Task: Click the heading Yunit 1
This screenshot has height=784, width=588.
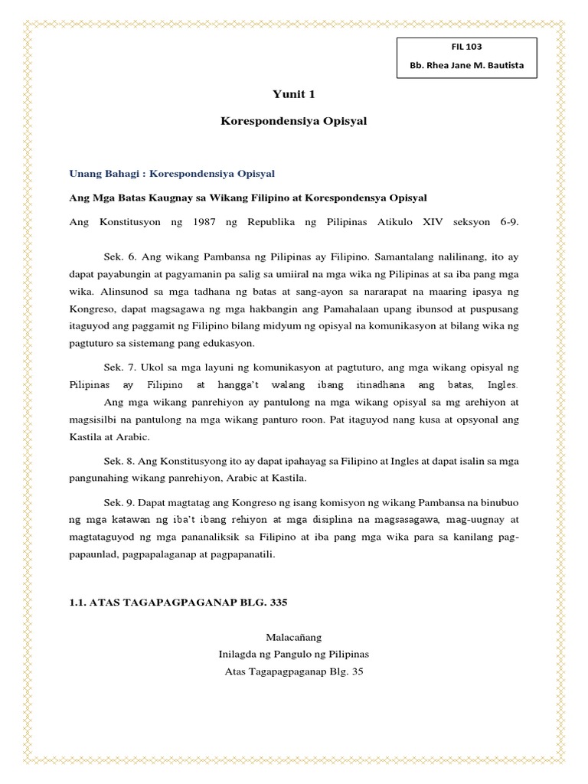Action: tap(294, 94)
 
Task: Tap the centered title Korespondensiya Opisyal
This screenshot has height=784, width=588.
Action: tap(294, 122)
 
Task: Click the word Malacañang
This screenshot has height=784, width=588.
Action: tap(294, 636)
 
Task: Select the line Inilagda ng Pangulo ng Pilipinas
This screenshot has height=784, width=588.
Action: tap(294, 655)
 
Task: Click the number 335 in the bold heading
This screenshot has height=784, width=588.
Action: tap(273, 603)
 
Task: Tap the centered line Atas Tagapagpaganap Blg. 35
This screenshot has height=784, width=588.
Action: tap(294, 672)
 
